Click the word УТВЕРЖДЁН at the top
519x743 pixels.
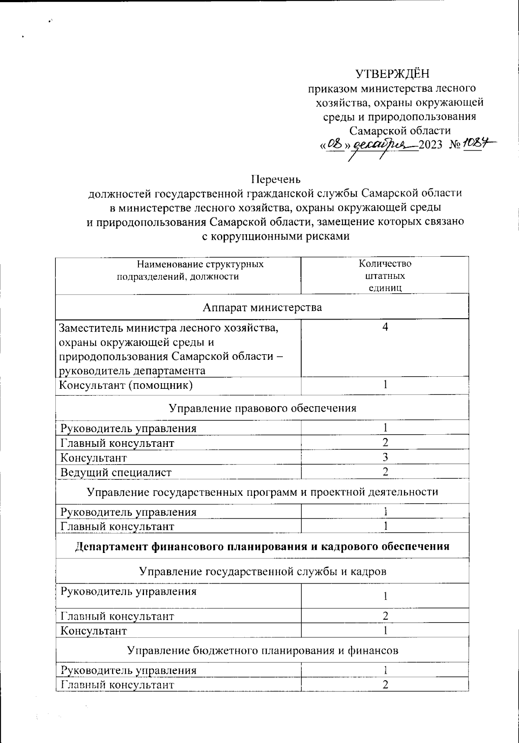point(392,74)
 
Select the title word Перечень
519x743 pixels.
point(276,179)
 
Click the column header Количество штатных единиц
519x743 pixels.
point(385,276)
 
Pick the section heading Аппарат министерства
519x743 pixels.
point(263,307)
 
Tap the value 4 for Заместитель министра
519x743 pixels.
point(385,327)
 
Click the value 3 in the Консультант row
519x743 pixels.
point(385,457)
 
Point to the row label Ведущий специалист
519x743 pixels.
point(116,472)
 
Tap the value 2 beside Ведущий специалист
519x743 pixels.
point(385,472)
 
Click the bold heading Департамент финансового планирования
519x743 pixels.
point(263,546)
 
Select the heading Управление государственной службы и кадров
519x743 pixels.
point(263,572)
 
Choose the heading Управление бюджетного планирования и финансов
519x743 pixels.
point(263,650)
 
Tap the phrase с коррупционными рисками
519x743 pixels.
point(276,236)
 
